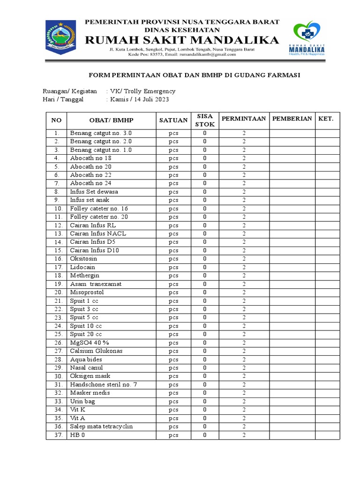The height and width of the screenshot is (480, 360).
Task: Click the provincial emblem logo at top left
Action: pos(60,37)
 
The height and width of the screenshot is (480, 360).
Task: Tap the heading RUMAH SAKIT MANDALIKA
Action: pos(182,40)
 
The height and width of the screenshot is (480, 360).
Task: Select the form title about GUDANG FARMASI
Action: pos(195,75)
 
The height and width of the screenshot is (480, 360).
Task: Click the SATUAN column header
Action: pos(173,120)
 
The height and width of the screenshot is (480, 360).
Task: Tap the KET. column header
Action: pos(326,119)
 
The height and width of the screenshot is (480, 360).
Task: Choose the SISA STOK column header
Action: pos(205,120)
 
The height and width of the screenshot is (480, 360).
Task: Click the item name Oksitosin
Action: pos(84,259)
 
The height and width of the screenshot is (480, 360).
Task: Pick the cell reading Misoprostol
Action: pos(87,292)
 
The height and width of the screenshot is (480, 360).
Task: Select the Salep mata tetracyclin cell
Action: pos(102,427)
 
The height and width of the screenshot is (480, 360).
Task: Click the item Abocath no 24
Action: pos(91,183)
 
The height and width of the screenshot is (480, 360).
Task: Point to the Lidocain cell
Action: pos(82,267)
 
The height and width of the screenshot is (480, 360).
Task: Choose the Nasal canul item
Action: pos(87,368)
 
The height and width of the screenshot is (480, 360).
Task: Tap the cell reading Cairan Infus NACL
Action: pos(98,233)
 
